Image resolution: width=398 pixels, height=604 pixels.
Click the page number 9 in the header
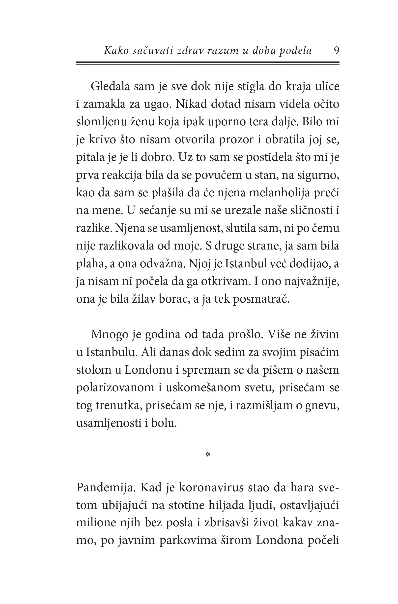click(336, 51)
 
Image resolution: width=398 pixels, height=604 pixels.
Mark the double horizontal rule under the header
click(208, 63)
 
